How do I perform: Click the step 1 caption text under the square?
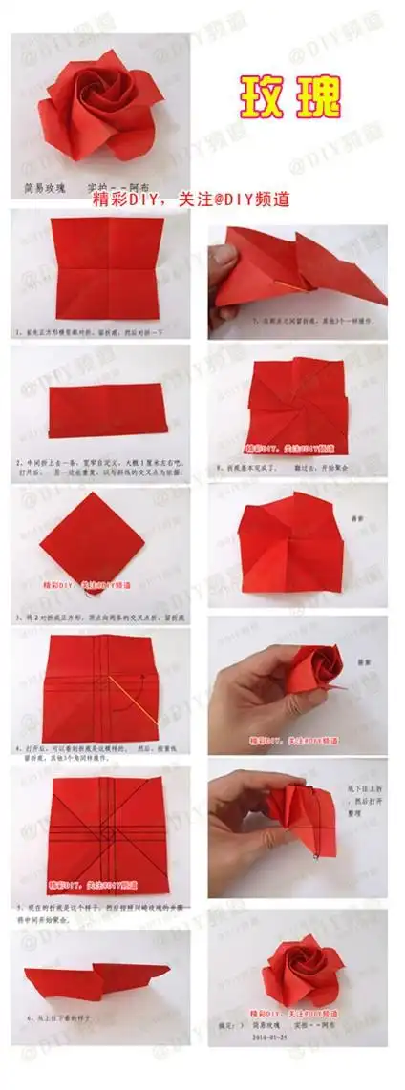[91, 333]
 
